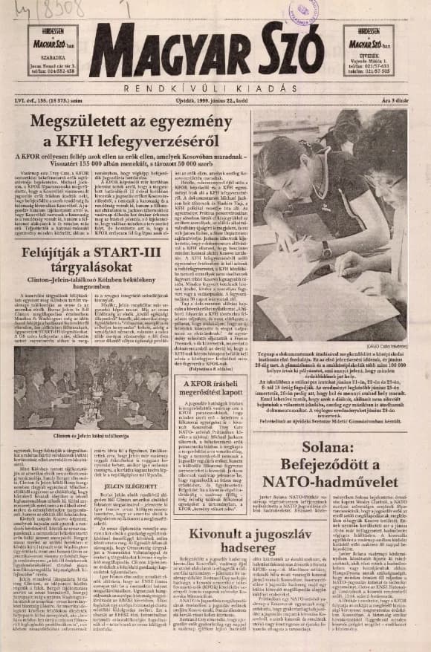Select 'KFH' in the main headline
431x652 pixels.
[109, 140]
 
